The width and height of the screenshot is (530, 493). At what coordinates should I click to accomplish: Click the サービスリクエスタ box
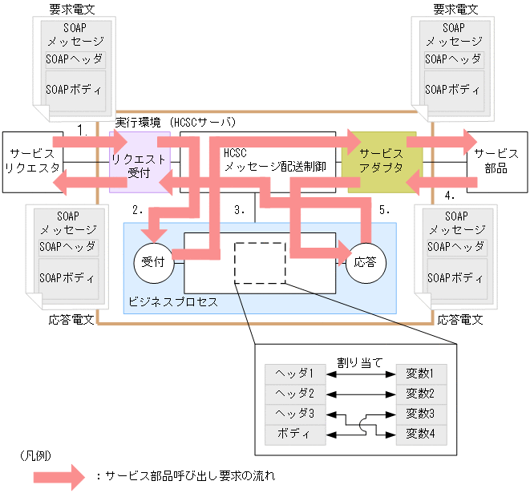pos(32,160)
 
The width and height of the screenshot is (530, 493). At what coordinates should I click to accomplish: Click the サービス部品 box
pos(496,161)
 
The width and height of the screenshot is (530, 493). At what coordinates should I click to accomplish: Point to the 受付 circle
pos(152,261)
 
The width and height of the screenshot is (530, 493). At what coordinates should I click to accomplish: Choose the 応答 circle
pos(366,262)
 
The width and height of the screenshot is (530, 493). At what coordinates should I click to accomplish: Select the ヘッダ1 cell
pos(294,374)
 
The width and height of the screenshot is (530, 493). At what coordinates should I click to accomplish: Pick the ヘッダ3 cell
pos(294,414)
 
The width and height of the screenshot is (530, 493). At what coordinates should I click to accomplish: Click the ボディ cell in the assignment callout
pos(294,434)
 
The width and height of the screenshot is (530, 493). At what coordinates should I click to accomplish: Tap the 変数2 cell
pos(420,394)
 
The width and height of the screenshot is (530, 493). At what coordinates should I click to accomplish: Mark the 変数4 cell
pos(420,434)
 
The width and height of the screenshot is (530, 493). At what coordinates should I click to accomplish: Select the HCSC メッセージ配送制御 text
pos(275,160)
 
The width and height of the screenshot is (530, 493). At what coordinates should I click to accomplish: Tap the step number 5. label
pos(383,210)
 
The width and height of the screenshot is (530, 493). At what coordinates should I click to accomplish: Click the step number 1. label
pos(82,128)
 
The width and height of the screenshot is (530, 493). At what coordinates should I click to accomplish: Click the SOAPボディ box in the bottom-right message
pos(454,277)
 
